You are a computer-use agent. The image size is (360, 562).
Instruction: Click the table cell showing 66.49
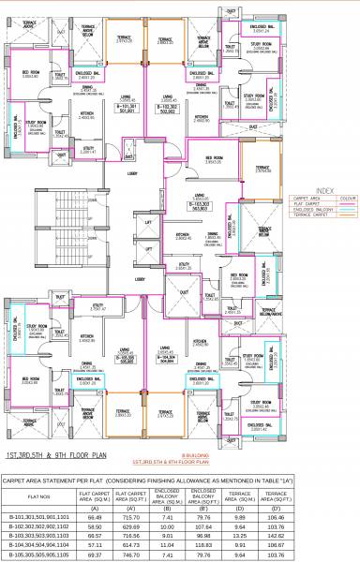point(94,515)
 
